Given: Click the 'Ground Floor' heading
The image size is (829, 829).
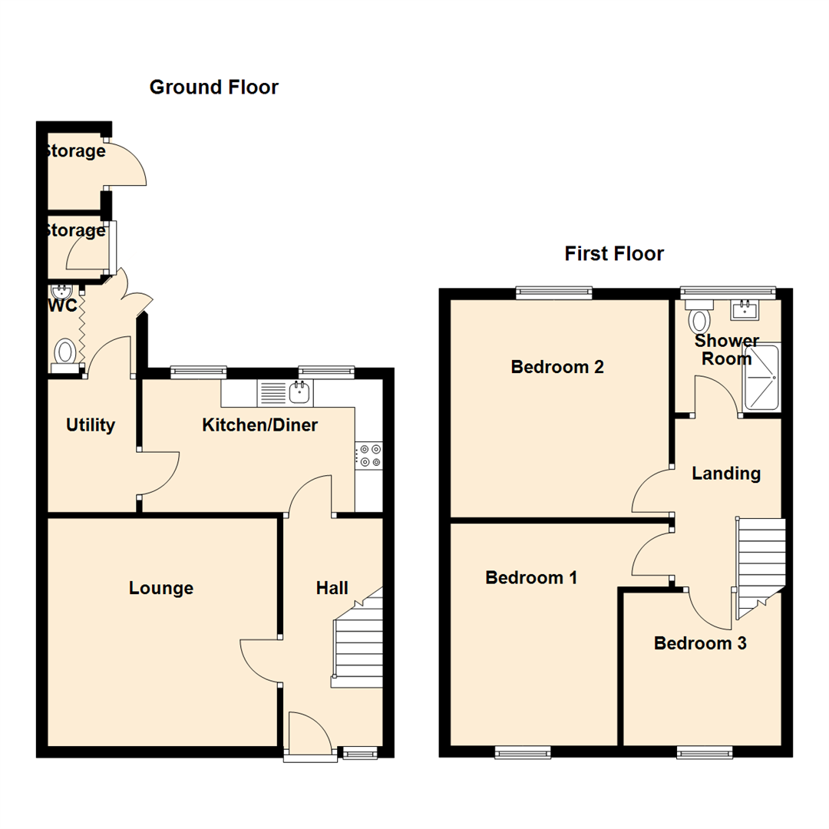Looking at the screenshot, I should tap(213, 87).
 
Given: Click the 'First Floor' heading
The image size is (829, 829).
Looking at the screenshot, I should tap(614, 253).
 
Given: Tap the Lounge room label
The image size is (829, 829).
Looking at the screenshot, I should tap(160, 588).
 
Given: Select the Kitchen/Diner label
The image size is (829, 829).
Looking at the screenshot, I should tap(259, 424).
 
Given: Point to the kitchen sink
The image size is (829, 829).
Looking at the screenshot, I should tap(299, 394).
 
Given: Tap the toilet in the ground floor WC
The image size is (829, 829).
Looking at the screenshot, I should tap(66, 355).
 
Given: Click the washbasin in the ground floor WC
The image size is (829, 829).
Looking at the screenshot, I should tap(60, 292).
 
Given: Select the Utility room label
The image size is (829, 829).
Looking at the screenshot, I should tap(90, 424).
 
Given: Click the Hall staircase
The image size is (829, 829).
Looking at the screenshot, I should tap(358, 645).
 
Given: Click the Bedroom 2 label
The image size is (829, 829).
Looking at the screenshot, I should tap(557, 367).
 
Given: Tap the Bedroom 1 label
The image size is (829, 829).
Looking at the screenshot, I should tap(531, 577).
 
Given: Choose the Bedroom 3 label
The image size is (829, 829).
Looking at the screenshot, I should tap(699, 643).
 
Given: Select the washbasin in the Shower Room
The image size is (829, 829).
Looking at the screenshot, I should tap(745, 311).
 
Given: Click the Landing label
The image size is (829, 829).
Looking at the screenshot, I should tap(726, 474).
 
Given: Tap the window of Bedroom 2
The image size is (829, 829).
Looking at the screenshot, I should tap(553, 292).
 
